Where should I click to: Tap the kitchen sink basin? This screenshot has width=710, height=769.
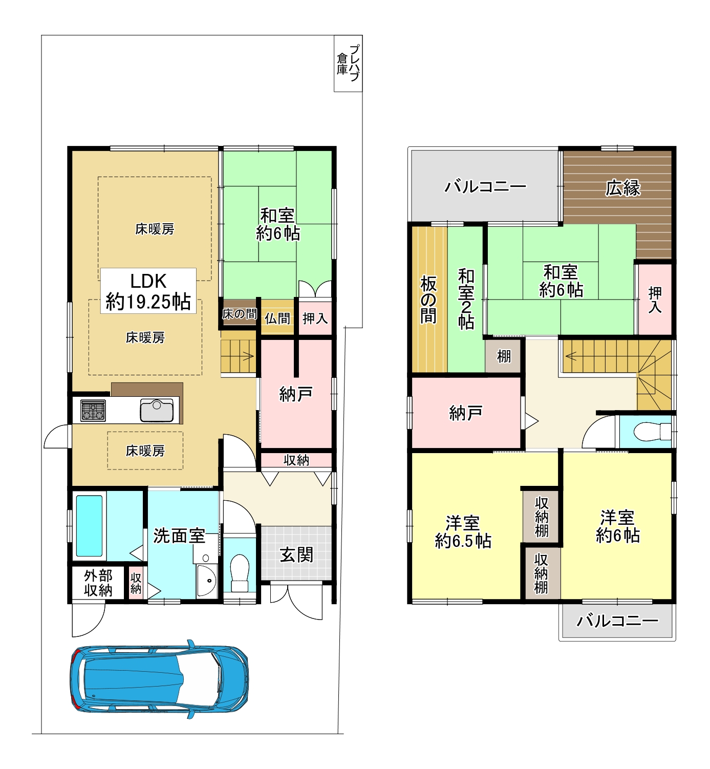pyautogui.click(x=157, y=410)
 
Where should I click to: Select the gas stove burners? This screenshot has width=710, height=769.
pyautogui.click(x=93, y=411)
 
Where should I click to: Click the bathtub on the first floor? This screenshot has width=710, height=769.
pyautogui.click(x=89, y=525)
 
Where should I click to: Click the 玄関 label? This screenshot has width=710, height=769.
pyautogui.click(x=296, y=556)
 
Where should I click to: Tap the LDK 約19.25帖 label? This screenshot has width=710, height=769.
pyautogui.click(x=148, y=291)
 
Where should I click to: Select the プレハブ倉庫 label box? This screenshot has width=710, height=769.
pyautogui.click(x=348, y=63)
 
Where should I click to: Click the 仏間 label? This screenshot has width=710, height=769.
pyautogui.click(x=277, y=318)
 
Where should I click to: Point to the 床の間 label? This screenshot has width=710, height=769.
pyautogui.click(x=240, y=314)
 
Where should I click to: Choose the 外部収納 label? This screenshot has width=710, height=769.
pyautogui.click(x=98, y=583)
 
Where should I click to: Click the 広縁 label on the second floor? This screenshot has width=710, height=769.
pyautogui.click(x=623, y=188)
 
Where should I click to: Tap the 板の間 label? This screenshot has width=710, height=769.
pyautogui.click(x=429, y=300)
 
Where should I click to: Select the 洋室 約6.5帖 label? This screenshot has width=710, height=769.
pyautogui.click(x=463, y=531)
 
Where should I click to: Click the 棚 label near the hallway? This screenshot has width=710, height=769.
pyautogui.click(x=504, y=356)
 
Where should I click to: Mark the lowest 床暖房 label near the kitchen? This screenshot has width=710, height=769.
pyautogui.click(x=145, y=451)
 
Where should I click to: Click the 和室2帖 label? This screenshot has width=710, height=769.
pyautogui.click(x=466, y=299)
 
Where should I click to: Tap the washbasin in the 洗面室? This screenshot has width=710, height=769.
pyautogui.click(x=207, y=581)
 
